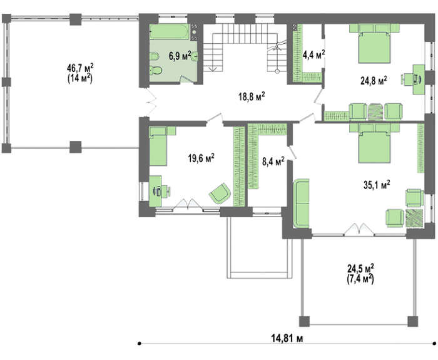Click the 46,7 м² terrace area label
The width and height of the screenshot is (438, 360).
80,68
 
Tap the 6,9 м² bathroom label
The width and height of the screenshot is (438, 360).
180,56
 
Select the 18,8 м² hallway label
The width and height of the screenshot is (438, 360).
252,96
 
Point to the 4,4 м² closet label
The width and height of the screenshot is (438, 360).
314,54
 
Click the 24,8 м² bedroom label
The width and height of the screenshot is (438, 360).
374,81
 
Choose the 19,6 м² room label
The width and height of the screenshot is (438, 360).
201,158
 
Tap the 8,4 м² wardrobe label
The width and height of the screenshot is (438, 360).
273,162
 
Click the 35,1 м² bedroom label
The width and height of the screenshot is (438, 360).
377,185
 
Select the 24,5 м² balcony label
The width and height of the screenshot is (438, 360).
360,269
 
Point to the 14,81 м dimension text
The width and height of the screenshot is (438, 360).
287,339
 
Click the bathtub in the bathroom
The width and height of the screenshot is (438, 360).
170,32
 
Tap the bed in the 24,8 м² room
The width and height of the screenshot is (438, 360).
374,44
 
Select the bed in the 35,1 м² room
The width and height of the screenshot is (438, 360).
374,143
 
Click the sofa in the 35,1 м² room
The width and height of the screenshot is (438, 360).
302,203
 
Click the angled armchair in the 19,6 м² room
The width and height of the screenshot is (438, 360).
220,193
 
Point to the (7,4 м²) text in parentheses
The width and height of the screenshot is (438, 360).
360,279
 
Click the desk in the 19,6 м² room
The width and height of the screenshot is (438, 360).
155,191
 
